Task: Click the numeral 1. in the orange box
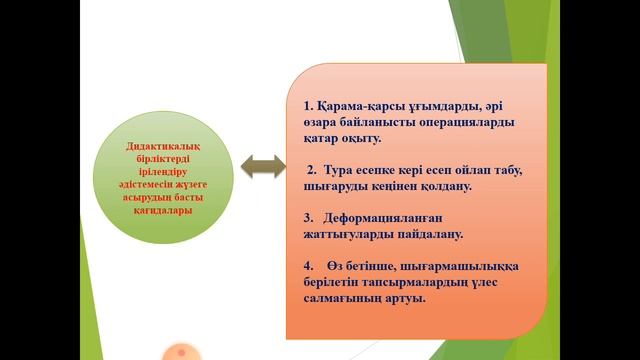click(x=309, y=105)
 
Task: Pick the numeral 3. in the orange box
click(x=308, y=217)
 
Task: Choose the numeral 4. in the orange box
click(x=308, y=266)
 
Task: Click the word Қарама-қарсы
click(x=360, y=105)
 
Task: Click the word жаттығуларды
click(x=352, y=234)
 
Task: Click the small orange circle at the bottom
click(x=181, y=353)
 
